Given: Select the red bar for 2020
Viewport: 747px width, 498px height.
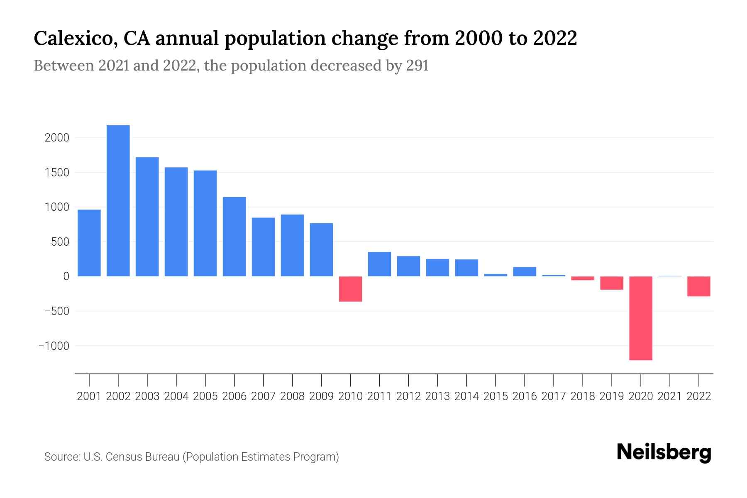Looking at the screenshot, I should (x=641, y=318).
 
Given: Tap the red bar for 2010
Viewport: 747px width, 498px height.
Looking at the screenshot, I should (x=350, y=289).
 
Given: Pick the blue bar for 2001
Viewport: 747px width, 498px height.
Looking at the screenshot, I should (x=89, y=243).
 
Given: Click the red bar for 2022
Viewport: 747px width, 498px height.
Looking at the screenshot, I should (x=699, y=286).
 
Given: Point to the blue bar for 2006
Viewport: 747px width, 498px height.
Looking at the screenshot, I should (x=234, y=237).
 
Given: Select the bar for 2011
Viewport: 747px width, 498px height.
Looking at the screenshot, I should (x=379, y=264).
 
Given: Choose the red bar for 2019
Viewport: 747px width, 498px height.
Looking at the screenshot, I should (x=612, y=283).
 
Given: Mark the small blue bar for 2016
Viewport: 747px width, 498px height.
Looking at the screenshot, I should (x=525, y=271).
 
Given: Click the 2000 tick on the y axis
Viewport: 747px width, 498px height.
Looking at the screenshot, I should (x=56, y=138).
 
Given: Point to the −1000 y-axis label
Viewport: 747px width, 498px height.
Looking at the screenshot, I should (x=54, y=346).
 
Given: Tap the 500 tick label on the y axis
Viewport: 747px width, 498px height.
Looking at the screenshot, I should (x=60, y=242).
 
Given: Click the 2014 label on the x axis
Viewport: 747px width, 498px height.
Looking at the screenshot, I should (x=466, y=396).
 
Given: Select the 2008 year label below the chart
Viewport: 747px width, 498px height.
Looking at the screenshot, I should (x=293, y=396).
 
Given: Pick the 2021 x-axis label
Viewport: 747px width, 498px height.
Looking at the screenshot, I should (x=670, y=396).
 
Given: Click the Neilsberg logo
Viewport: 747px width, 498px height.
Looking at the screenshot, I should (x=664, y=452).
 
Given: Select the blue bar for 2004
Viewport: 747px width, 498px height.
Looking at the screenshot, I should (x=176, y=222).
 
